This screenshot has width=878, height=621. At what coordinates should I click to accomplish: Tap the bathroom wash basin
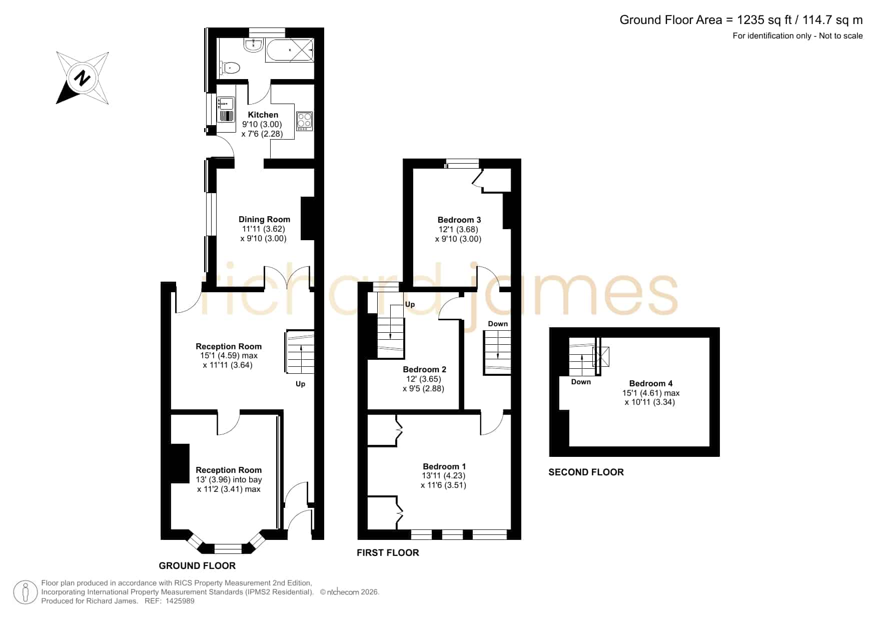pyautogui.click(x=254, y=46)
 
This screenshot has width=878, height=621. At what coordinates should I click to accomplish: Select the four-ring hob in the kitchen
pyautogui.click(x=304, y=121)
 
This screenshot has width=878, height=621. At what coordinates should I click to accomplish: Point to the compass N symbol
pyautogui.click(x=82, y=79)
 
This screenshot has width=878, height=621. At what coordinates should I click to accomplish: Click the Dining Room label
pyautogui.click(x=264, y=219)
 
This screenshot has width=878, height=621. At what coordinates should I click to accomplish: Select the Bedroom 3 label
pyautogui.click(x=459, y=220)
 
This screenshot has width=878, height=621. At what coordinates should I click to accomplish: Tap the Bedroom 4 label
pyautogui.click(x=651, y=383)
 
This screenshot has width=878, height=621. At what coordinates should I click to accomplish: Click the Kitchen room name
pyautogui.click(x=263, y=115)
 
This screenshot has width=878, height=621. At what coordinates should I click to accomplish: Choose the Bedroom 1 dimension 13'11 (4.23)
pyautogui.click(x=444, y=476)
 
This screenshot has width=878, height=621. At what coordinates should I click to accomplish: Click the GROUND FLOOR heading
pyautogui.click(x=197, y=566)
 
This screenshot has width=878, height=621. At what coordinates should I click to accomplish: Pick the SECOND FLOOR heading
pyautogui.click(x=586, y=472)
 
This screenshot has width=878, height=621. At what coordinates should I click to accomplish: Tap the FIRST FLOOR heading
pyautogui.click(x=388, y=552)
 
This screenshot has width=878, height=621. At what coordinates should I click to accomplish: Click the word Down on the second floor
pyautogui.click(x=581, y=382)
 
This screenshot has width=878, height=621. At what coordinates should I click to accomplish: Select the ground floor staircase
pyautogui.click(x=300, y=352)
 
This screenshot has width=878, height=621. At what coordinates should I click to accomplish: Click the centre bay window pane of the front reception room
pyautogui.click(x=228, y=549)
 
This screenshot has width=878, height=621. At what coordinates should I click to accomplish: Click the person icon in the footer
pyautogui.click(x=25, y=592)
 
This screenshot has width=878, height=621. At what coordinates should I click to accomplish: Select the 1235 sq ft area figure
pyautogui.click(x=765, y=20)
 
